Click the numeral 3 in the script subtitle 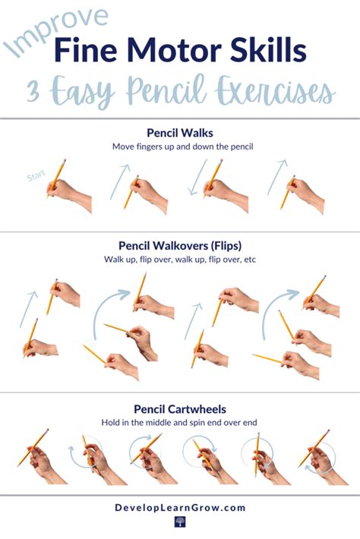pyautogui.click(x=34, y=91)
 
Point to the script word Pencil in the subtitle pyautogui.click(x=166, y=90)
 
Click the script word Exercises pyautogui.click(x=275, y=91)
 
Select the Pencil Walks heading pyautogui.click(x=180, y=133)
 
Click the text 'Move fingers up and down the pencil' pyautogui.click(x=182, y=147)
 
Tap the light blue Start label pyautogui.click(x=36, y=175)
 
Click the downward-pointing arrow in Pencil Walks pyautogui.click(x=198, y=177)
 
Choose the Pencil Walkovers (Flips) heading pyautogui.click(x=180, y=246)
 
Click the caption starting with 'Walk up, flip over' pyautogui.click(x=180, y=259)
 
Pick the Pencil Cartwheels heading pyautogui.click(x=180, y=409)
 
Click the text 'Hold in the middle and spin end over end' pyautogui.click(x=179, y=422)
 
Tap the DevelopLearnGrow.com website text pyautogui.click(x=180, y=508)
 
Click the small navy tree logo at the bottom pyautogui.click(x=180, y=522)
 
